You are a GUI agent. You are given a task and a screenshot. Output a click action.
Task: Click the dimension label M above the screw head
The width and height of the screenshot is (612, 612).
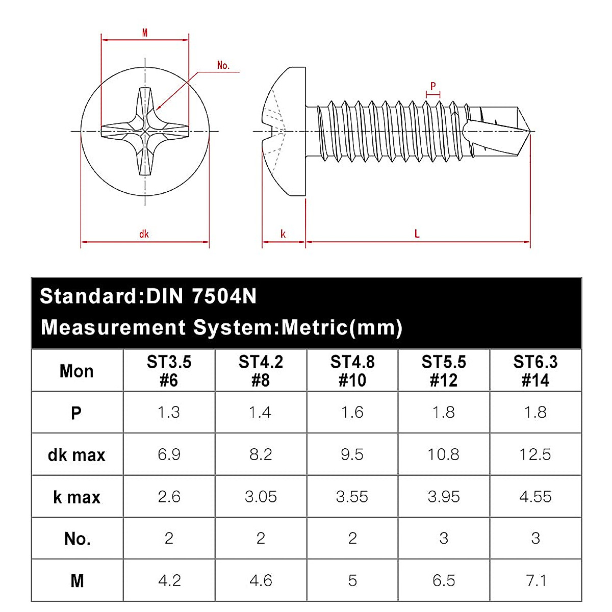click(145, 33)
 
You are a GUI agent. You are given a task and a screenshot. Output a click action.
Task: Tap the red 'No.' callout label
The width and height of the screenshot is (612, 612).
click(223, 65)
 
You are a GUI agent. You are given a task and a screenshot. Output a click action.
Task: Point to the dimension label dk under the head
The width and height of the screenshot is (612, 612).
click(144, 234)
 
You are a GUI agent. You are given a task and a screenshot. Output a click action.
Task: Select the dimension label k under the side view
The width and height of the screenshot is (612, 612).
click(283, 234)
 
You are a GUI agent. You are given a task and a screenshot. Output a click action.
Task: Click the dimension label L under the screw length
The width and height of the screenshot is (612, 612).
click(417, 234)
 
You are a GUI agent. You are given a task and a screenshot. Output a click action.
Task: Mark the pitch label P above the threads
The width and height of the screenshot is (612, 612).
click(433, 86)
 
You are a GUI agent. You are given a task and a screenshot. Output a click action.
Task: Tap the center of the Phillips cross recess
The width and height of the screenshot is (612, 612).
click(145, 132)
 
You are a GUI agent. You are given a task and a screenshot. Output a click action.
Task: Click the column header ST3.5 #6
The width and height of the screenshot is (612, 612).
click(169, 371)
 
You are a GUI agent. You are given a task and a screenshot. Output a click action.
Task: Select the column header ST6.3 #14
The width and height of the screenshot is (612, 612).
click(535, 371)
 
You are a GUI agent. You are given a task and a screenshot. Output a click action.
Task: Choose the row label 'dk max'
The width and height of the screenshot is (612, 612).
click(76, 455)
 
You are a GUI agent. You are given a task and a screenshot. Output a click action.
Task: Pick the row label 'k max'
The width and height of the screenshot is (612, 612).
click(76, 497)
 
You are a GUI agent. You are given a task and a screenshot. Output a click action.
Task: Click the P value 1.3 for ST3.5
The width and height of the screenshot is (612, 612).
click(169, 412)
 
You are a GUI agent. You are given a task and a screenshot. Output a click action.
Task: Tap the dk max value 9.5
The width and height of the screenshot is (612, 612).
click(352, 454)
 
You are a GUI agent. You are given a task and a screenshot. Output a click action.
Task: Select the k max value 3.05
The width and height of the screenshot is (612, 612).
click(261, 497)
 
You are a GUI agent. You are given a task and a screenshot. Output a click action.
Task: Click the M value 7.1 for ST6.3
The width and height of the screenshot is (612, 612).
click(535, 580)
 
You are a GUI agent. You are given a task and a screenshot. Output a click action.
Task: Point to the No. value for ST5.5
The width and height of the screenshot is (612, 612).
click(444, 538)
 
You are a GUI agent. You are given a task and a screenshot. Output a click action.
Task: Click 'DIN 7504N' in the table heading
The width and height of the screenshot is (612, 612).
click(201, 296)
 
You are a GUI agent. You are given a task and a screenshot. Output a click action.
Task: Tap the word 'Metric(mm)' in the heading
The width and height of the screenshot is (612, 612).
click(342, 327)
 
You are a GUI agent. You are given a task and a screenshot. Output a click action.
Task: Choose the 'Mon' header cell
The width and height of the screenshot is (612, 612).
click(76, 371)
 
